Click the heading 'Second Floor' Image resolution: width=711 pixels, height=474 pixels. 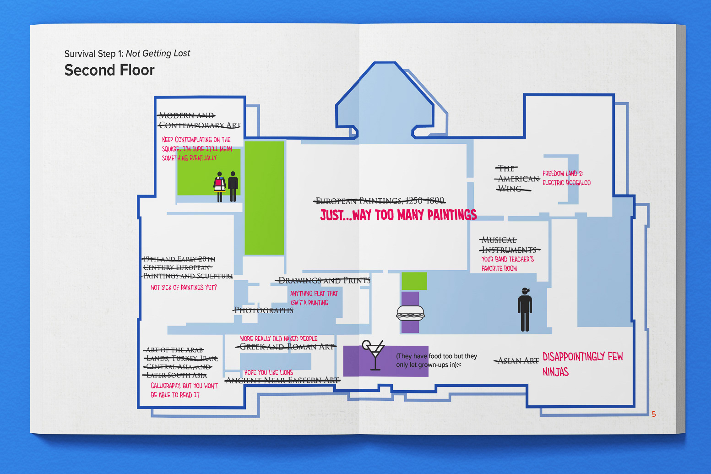(109, 70)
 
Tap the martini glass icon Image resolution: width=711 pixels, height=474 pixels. (374, 354)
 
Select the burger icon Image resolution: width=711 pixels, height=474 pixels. (410, 313)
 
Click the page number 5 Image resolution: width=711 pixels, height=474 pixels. (654, 414)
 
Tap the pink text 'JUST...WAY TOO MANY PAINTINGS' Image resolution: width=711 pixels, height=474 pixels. (398, 215)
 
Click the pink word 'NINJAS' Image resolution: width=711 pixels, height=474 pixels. (555, 372)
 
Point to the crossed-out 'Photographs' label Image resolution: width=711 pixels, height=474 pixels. (264, 311)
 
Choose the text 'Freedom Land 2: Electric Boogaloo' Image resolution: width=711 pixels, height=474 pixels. (566, 178)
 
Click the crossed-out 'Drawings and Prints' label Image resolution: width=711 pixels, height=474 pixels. (324, 280)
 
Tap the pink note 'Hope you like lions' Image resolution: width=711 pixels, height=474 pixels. (268, 372)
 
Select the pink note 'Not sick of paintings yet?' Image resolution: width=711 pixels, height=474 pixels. (184, 288)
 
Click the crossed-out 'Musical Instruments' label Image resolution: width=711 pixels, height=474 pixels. (509, 245)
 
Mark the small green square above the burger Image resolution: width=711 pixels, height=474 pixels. (414, 281)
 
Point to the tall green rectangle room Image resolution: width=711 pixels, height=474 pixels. (264, 198)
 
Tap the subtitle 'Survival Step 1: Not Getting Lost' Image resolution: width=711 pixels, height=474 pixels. (127, 54)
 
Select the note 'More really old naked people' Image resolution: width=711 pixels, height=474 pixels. (278, 339)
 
